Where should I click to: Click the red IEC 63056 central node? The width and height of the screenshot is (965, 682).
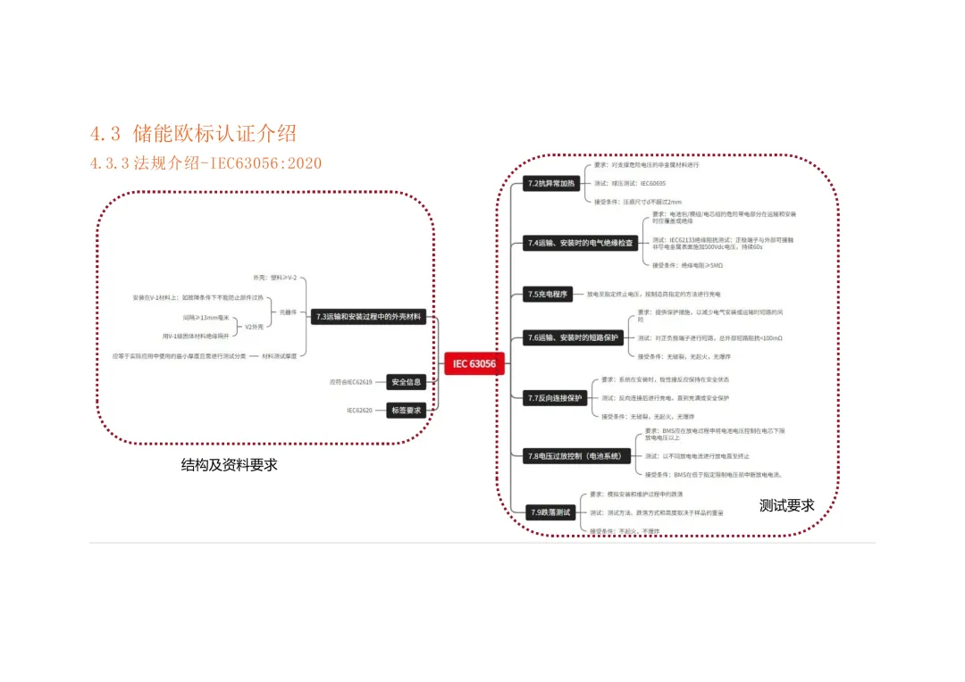click(x=474, y=363)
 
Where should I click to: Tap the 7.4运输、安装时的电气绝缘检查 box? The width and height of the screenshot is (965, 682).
click(x=581, y=243)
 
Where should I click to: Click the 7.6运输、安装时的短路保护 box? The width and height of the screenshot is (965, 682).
click(x=573, y=337)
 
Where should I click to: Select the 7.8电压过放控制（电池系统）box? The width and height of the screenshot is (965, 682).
click(x=574, y=455)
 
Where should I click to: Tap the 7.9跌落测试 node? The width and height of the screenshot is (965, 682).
click(x=550, y=512)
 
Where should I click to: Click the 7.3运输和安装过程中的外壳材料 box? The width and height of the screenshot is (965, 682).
click(x=368, y=316)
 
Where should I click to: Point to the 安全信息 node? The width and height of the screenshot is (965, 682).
click(x=407, y=382)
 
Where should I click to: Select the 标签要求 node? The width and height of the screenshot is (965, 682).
click(x=407, y=411)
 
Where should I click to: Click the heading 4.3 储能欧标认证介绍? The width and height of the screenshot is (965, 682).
click(x=193, y=134)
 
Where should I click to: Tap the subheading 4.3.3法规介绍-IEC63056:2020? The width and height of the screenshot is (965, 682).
click(x=206, y=162)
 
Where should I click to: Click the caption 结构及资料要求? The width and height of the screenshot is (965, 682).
click(x=230, y=465)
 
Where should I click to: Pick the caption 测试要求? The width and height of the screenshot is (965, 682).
click(x=786, y=505)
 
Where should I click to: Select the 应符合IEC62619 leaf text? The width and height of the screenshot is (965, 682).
click(x=353, y=382)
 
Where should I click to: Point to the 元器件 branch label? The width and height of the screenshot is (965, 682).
click(x=288, y=312)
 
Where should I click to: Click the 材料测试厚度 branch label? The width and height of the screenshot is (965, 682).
click(x=279, y=355)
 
